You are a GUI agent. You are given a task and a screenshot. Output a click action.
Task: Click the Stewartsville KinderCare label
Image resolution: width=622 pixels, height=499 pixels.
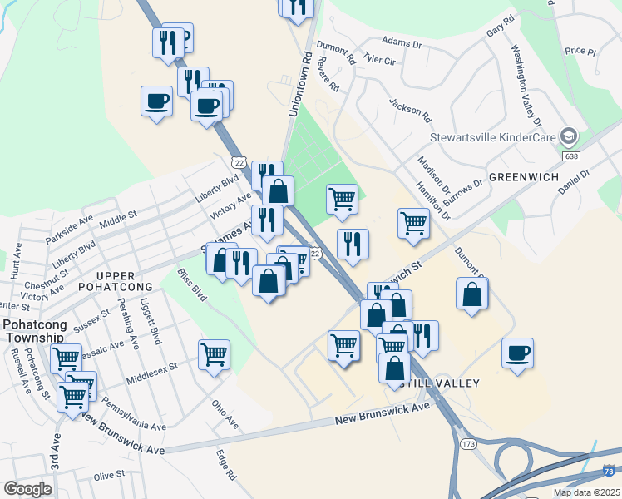click(492, 137)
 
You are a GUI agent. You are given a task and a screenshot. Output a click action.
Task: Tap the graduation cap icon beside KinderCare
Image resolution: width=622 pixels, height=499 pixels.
click(569, 136)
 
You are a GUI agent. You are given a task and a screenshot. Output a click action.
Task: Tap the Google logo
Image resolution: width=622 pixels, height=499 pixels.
click(27, 489)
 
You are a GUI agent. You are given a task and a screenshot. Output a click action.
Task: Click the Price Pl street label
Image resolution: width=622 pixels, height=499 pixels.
click(580, 51)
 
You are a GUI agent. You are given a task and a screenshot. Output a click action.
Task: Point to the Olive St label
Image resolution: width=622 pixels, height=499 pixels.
click(109, 474)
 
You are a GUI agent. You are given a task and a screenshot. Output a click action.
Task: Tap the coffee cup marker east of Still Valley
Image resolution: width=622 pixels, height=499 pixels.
click(517, 353)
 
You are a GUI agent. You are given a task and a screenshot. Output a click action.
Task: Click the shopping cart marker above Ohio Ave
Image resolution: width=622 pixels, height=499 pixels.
click(214, 355)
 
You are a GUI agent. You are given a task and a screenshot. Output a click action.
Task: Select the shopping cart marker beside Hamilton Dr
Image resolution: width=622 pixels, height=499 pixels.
click(413, 223)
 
